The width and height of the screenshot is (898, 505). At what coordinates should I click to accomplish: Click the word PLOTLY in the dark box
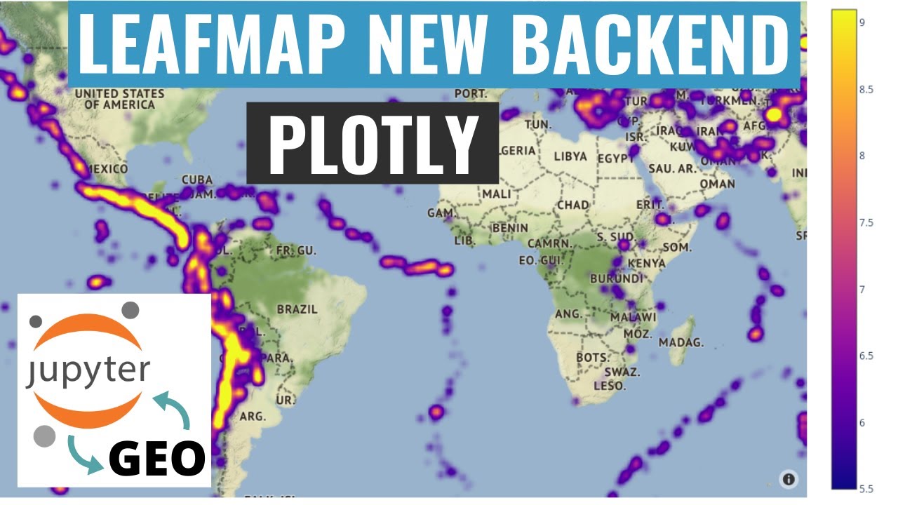372,144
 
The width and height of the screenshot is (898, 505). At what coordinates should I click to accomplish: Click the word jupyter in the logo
88,370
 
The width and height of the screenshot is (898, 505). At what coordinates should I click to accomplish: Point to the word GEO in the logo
156,459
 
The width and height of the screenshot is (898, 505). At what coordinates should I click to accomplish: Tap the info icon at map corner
789,479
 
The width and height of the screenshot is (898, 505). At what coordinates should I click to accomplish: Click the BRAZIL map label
297,309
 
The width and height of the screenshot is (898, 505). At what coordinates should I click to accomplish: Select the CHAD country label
572,205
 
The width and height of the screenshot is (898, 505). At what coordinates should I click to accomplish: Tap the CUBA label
196,180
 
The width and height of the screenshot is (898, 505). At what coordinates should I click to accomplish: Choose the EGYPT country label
615,159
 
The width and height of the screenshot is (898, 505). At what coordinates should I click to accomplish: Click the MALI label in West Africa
496,194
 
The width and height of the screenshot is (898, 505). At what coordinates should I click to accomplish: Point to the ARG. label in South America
253,417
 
